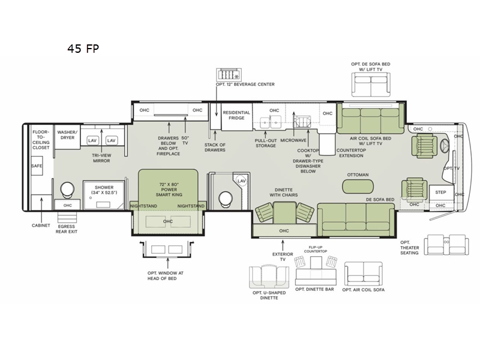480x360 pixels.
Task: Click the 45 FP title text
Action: point(83,49)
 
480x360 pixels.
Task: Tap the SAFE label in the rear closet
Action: point(37,166)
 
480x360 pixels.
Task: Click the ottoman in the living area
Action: point(358,186)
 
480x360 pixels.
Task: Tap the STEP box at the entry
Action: point(441,193)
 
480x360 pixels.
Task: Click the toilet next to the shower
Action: point(67,190)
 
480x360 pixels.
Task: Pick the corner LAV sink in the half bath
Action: point(242,181)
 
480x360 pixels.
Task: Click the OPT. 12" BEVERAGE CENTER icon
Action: point(229,74)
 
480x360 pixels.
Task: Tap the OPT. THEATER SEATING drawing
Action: point(446,245)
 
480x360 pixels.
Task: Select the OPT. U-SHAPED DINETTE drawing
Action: point(269,277)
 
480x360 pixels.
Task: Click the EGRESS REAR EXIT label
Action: point(67,229)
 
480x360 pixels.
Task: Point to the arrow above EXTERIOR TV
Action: point(283,245)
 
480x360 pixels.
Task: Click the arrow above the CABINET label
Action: point(41,209)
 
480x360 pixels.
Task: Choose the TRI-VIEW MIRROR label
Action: point(101,158)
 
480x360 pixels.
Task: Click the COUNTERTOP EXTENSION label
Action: point(351,153)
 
